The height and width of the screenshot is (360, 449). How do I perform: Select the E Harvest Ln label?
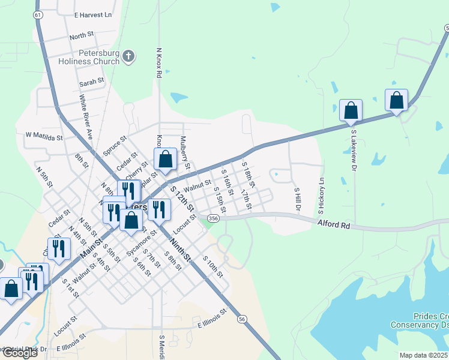[93, 14]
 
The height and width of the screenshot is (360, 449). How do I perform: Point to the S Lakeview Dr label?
[354, 145]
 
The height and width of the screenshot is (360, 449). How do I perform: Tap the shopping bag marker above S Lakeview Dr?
[351, 111]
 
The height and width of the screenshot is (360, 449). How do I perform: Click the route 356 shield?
[213, 218]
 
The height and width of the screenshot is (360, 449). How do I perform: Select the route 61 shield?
[38, 14]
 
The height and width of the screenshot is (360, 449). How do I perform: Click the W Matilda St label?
[44, 137]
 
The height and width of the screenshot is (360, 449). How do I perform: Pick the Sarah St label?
[92, 80]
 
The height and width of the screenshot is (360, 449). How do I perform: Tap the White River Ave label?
[85, 117]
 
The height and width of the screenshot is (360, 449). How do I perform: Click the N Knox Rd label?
[158, 63]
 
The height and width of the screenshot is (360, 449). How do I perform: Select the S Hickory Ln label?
[322, 196]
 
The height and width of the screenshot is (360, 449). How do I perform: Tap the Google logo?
[19, 353]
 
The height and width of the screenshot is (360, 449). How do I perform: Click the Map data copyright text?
[424, 355]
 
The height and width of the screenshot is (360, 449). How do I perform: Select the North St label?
[82, 37]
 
